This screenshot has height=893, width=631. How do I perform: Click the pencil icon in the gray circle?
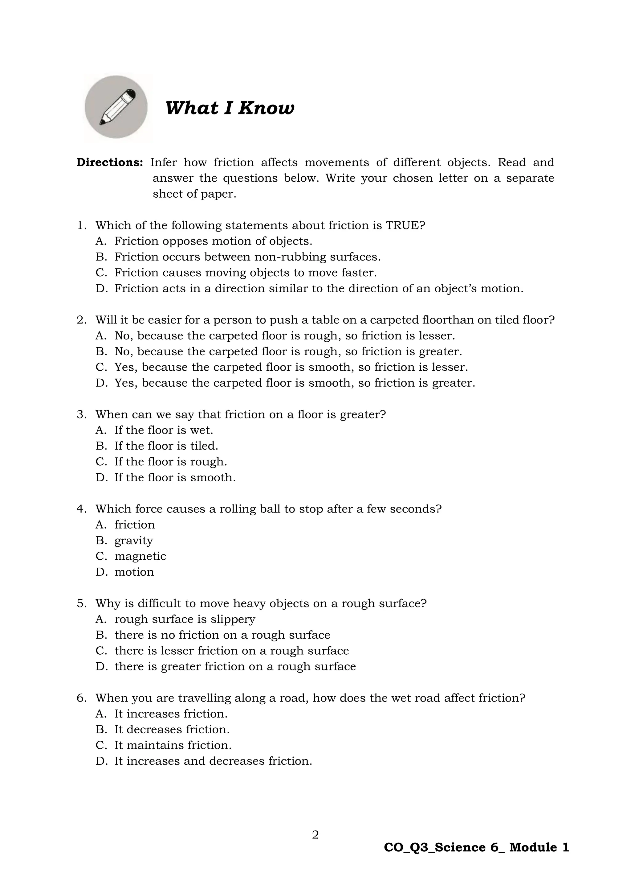point(116,107)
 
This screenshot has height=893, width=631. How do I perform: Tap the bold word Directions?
point(110,162)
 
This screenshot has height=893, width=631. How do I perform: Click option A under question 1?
point(213,241)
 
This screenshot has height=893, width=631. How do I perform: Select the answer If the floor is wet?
point(164,430)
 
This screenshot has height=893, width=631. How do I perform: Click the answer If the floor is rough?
point(171,462)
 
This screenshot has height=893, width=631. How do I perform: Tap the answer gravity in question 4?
point(134,541)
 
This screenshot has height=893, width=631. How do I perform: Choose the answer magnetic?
point(140,556)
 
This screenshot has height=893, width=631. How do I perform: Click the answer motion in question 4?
point(134,572)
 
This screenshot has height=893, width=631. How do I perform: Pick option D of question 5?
point(235,666)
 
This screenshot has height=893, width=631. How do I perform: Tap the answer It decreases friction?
point(172,729)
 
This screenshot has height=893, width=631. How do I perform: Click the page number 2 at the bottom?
point(315,835)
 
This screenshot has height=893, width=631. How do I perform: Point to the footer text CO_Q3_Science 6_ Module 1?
point(476,847)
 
